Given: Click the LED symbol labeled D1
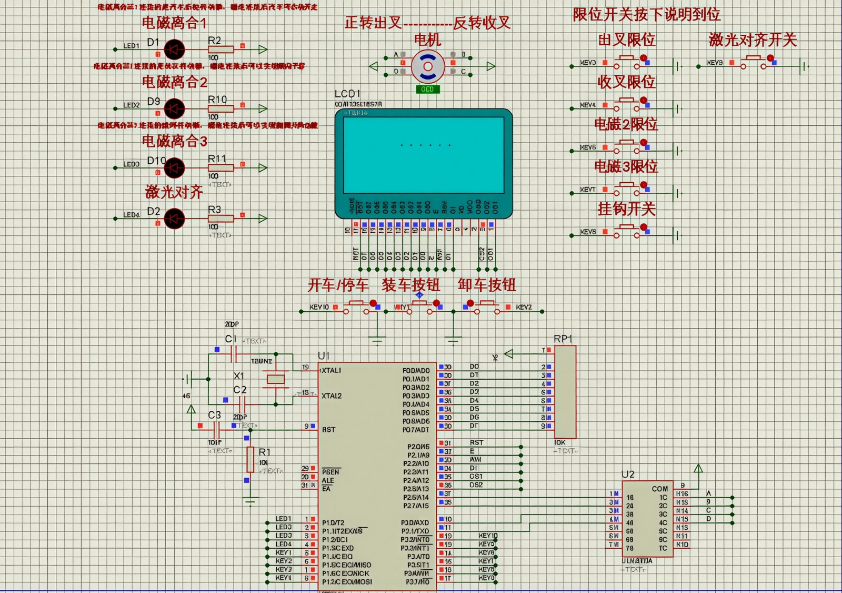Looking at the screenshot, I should point(174,50).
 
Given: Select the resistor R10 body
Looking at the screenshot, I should point(220,109).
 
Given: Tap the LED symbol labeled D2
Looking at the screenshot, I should point(174,219).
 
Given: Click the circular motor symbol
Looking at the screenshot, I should point(427,67).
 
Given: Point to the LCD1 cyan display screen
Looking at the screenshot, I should point(424,155).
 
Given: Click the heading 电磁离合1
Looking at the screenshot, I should point(174,23).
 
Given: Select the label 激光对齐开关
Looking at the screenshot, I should point(753,39).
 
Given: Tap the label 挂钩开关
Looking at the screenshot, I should point(626,209).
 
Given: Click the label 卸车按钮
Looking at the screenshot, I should point(487,285).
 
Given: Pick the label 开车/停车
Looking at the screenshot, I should point(338,285).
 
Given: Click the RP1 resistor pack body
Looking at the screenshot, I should point(565,392).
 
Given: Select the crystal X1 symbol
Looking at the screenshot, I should point(275,379).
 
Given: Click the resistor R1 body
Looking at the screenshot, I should point(250,459).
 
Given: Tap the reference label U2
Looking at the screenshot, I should point(628,474).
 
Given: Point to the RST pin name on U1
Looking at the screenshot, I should point(329,430).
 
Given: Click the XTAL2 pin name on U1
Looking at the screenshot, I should point(332,396).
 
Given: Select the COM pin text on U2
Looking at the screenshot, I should point(660,489).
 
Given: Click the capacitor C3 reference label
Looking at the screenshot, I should point(214,415).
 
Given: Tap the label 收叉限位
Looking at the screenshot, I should point(626,82).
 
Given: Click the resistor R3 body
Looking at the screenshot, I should point(220,219).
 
